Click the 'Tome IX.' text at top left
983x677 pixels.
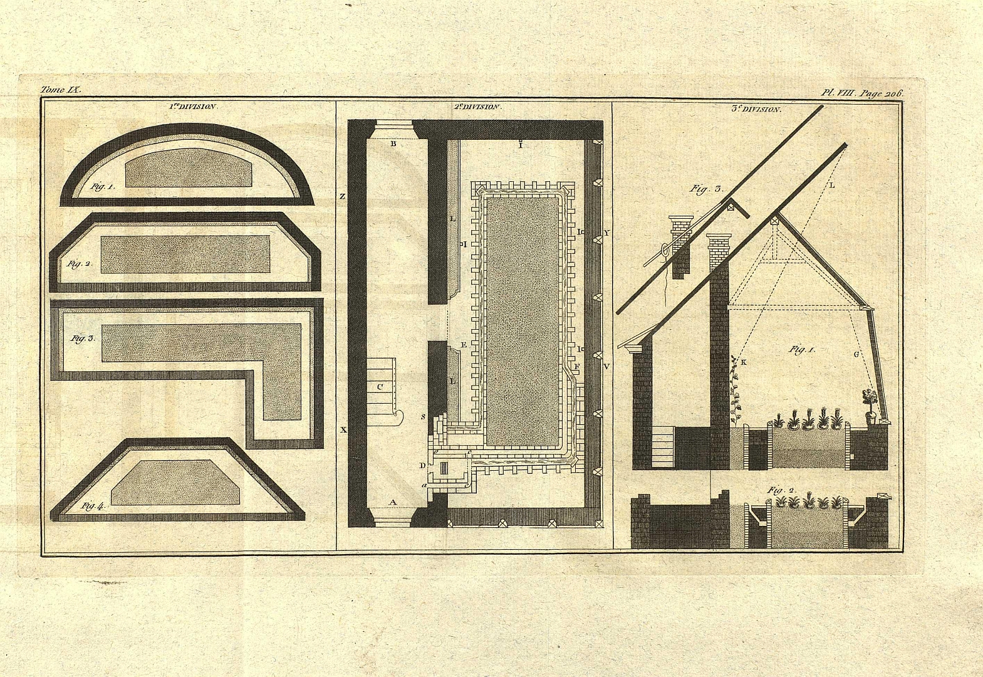(61, 90)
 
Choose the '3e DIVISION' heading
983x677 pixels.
(757, 109)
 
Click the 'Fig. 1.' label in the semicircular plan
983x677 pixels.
(102, 186)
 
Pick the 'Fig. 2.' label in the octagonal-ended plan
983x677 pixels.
(80, 263)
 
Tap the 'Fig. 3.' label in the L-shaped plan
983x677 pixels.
(83, 338)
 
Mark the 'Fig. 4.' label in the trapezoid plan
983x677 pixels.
(93, 506)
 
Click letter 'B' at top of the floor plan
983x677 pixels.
(393, 144)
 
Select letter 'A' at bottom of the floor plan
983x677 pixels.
(393, 502)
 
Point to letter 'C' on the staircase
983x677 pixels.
(380, 386)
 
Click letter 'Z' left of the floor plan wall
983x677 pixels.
(342, 196)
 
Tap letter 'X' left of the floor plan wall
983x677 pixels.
(343, 430)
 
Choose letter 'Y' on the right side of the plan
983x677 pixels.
(606, 233)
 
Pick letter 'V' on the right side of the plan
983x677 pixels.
(606, 365)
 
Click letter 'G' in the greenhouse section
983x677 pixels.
(856, 354)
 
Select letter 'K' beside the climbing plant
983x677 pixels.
(744, 363)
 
